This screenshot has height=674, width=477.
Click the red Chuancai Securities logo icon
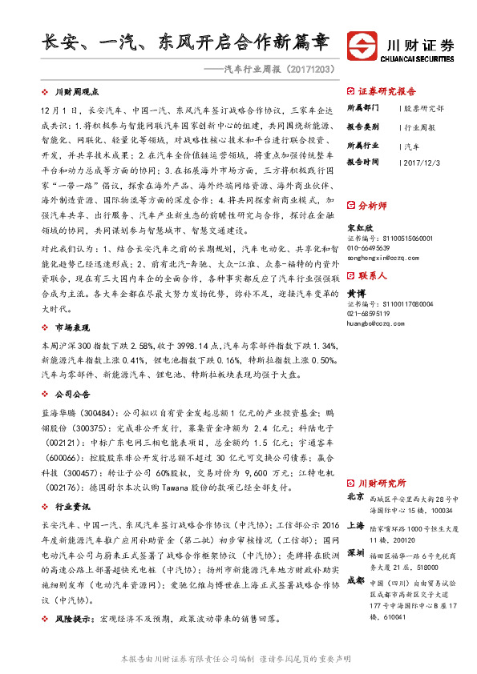pyautogui.click(x=362, y=43)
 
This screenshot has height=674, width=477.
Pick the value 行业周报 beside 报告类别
pyautogui.click(x=419, y=127)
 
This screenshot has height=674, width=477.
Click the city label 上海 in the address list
pyautogui.click(x=355, y=525)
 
